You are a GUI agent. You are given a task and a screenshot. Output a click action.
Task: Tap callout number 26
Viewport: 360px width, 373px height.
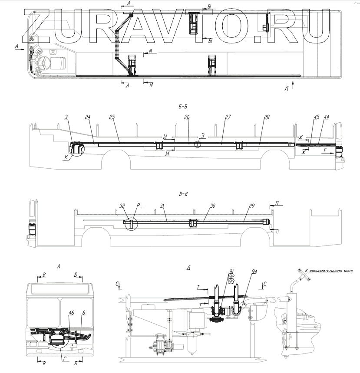pos(187,117)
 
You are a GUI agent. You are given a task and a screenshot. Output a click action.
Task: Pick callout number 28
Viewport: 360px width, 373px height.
pos(267,117)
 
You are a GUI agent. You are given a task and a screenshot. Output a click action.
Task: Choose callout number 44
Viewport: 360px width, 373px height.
pos(326,117)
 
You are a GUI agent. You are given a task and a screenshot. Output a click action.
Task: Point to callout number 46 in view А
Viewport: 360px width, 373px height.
pos(71,312)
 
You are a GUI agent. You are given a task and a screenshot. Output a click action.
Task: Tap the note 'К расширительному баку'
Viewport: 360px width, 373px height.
pos(330,270)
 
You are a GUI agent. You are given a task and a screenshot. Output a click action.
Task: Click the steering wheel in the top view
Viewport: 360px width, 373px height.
pos(43,65)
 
